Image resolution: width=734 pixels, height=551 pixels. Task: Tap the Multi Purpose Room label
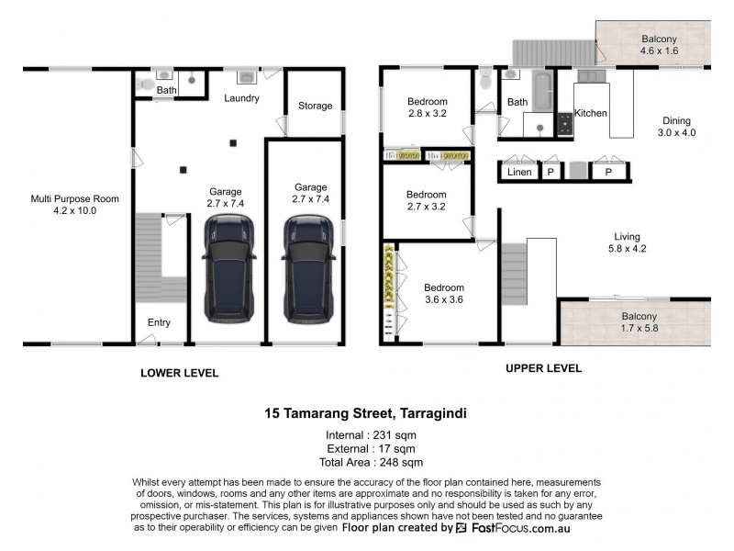(75, 204)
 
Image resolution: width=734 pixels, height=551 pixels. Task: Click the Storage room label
(315, 106)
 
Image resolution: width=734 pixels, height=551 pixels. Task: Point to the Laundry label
(241, 98)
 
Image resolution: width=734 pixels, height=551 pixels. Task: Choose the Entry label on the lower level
(159, 322)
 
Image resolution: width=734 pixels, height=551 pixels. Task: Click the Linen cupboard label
(519, 172)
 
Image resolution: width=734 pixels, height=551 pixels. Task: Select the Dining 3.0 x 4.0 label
(676, 127)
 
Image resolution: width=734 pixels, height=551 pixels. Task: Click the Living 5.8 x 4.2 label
(628, 242)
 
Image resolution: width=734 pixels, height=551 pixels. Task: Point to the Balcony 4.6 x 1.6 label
(659, 45)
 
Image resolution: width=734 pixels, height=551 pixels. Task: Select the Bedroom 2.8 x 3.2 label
(427, 107)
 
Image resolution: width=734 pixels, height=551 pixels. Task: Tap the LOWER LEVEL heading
(179, 373)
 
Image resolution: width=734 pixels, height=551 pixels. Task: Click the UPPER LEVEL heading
(543, 368)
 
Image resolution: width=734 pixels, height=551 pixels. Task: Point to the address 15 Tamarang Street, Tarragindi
(365, 414)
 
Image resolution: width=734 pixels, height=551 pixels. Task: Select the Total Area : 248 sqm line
(365, 463)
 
